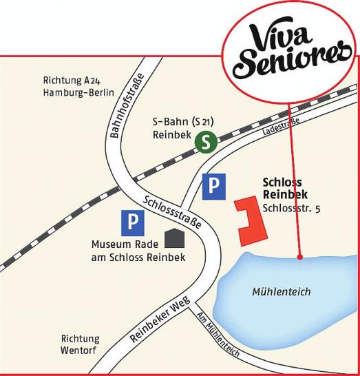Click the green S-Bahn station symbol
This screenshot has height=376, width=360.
(x=205, y=142)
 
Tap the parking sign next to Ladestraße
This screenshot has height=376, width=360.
(x=213, y=186)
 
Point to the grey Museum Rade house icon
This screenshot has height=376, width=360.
(x=174, y=238)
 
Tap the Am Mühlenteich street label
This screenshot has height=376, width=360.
(x=218, y=335)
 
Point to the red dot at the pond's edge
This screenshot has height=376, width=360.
(x=300, y=258)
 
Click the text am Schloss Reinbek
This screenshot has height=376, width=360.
(x=138, y=257)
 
